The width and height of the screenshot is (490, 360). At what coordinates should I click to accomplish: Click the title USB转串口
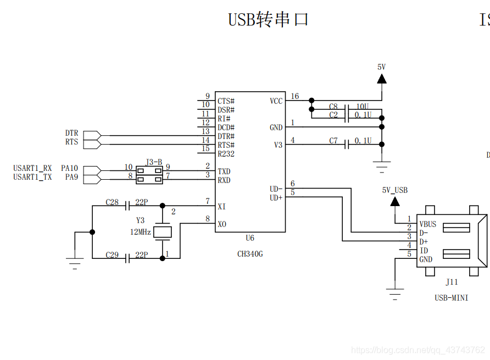(x=269, y=20)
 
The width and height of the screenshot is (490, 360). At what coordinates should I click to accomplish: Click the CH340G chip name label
(x=250, y=254)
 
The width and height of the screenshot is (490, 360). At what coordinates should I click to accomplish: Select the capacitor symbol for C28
(x=127, y=206)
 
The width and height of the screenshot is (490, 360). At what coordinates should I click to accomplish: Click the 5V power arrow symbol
(x=381, y=79)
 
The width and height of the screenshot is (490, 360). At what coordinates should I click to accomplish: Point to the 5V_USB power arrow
(x=395, y=202)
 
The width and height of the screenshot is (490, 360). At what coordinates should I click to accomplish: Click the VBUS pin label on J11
(x=428, y=224)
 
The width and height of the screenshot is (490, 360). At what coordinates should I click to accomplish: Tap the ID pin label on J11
(x=424, y=251)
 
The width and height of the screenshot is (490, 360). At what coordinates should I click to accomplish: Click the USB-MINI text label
(x=451, y=297)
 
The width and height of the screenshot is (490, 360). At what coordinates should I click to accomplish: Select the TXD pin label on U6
(x=224, y=171)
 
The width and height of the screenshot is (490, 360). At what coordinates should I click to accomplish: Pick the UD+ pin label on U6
(x=276, y=197)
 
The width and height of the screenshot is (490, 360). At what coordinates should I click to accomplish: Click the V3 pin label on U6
(x=278, y=145)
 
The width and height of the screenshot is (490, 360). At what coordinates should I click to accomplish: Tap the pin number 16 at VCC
(x=295, y=97)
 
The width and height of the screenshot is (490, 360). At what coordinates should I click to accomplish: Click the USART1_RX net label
(x=32, y=168)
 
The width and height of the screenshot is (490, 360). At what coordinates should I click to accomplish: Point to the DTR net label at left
(x=71, y=134)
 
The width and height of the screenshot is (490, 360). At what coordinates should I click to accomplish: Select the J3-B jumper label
(x=154, y=162)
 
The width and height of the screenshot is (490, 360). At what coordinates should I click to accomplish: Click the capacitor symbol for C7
(x=347, y=145)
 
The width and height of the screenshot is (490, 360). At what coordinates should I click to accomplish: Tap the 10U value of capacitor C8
(x=363, y=107)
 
